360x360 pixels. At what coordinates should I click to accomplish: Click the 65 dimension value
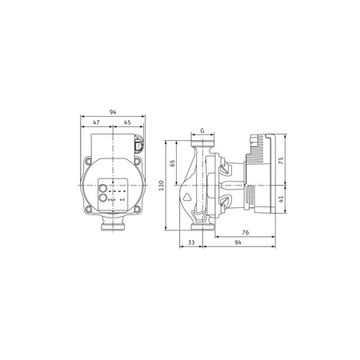pyautogui.click(x=173, y=163)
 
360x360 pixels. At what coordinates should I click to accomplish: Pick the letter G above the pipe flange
pyautogui.click(x=202, y=130)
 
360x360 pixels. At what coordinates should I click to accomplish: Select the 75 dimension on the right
pyautogui.click(x=282, y=159)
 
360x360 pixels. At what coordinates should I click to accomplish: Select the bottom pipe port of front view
pyautogui.click(x=112, y=226)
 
